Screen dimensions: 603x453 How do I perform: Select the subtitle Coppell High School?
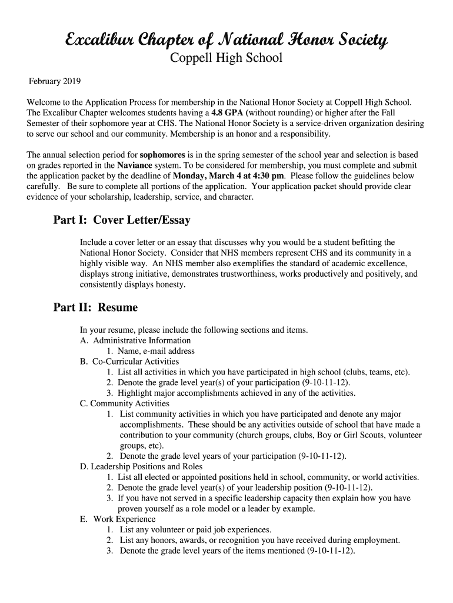point(226,58)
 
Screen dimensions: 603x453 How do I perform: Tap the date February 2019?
point(55,81)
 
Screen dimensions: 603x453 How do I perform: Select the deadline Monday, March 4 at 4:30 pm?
point(229,176)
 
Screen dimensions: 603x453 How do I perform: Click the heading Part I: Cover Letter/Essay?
point(122,220)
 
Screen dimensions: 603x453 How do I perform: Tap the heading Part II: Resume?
point(95,307)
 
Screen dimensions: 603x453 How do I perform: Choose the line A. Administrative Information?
point(135,340)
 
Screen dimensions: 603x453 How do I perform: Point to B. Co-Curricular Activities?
point(129,362)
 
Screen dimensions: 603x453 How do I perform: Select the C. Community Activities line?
point(124,404)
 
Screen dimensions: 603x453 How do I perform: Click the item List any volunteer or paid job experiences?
point(195,530)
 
